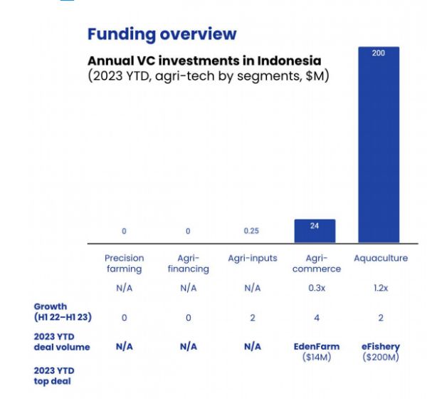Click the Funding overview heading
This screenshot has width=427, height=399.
tap(162, 33)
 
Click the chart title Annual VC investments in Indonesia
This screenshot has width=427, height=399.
tap(204, 61)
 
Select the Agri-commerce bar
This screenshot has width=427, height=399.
tap(315, 232)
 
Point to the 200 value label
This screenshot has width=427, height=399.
tap(379, 54)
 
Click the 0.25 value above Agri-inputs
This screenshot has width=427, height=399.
tap(252, 231)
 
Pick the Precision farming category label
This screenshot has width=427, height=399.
tap(124, 264)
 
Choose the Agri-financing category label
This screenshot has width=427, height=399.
tap(188, 264)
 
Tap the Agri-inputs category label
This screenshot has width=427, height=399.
tap(252, 258)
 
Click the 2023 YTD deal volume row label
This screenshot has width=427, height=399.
tap(61, 341)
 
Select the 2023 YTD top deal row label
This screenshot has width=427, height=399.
tap(54, 375)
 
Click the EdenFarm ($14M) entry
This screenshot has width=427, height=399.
tap(316, 351)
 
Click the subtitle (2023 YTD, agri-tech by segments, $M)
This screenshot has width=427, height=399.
tap(209, 76)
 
